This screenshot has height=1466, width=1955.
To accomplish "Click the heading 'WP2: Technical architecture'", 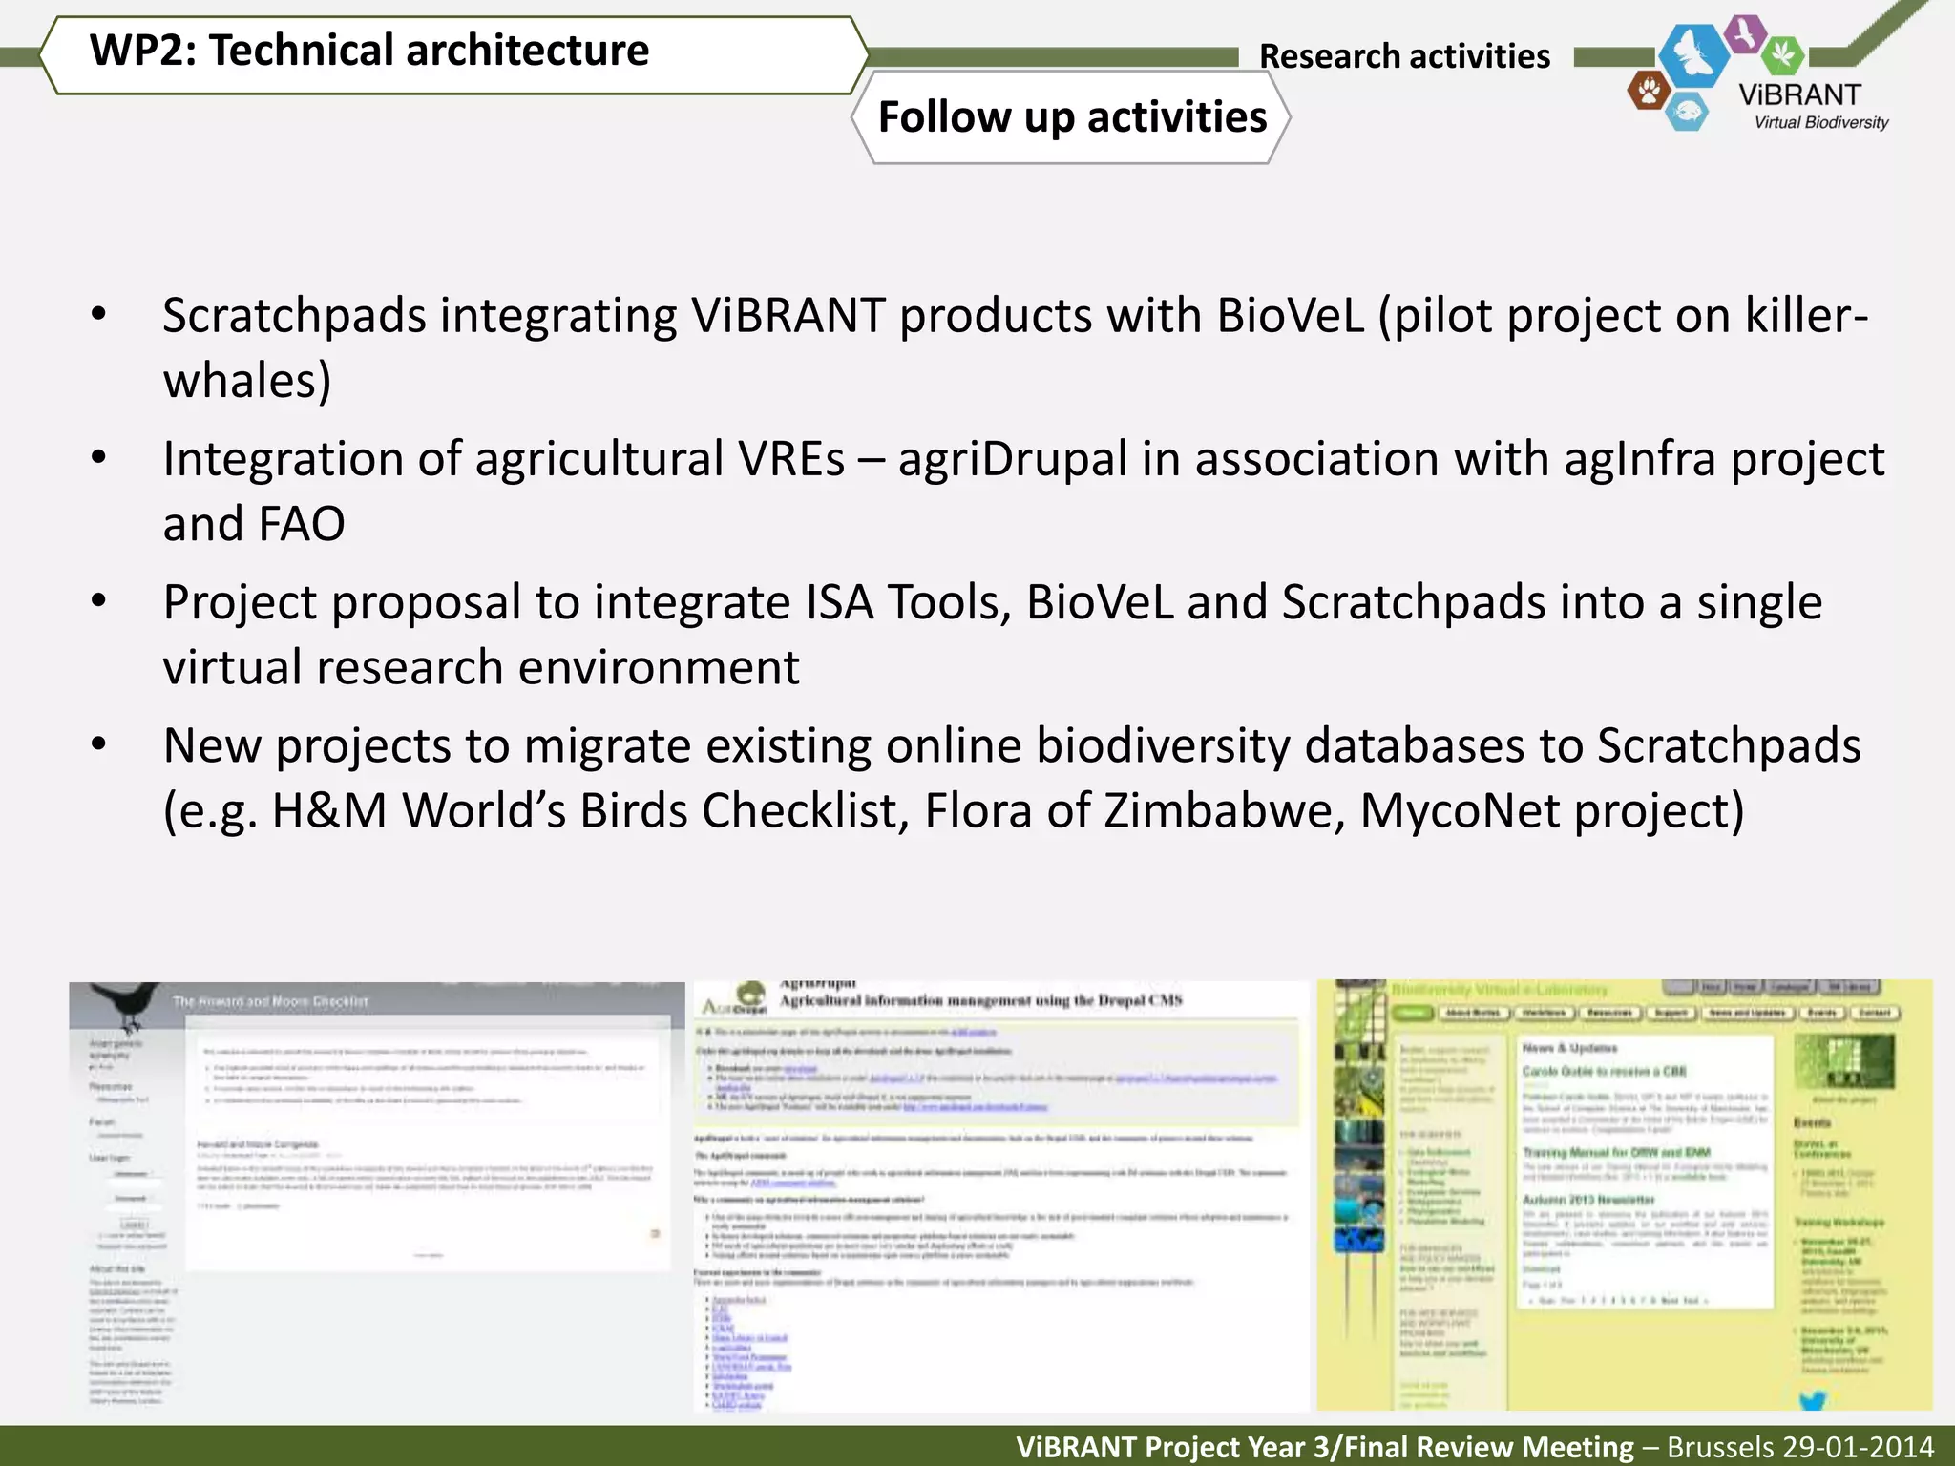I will (369, 51).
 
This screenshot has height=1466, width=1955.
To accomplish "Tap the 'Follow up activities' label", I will (1072, 117).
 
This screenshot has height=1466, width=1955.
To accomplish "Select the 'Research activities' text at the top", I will (1404, 56).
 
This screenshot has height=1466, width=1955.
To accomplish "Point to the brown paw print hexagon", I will (1648, 92).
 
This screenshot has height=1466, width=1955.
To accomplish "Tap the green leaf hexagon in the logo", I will (1781, 54).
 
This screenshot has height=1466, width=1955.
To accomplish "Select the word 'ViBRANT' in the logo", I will (1799, 95).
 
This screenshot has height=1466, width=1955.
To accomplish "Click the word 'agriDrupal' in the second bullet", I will (1013, 459).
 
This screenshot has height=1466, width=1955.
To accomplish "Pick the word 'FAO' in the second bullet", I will (302, 524).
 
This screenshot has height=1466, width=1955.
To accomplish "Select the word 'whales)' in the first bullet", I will (247, 381).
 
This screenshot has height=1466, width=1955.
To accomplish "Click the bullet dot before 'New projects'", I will (98, 744).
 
